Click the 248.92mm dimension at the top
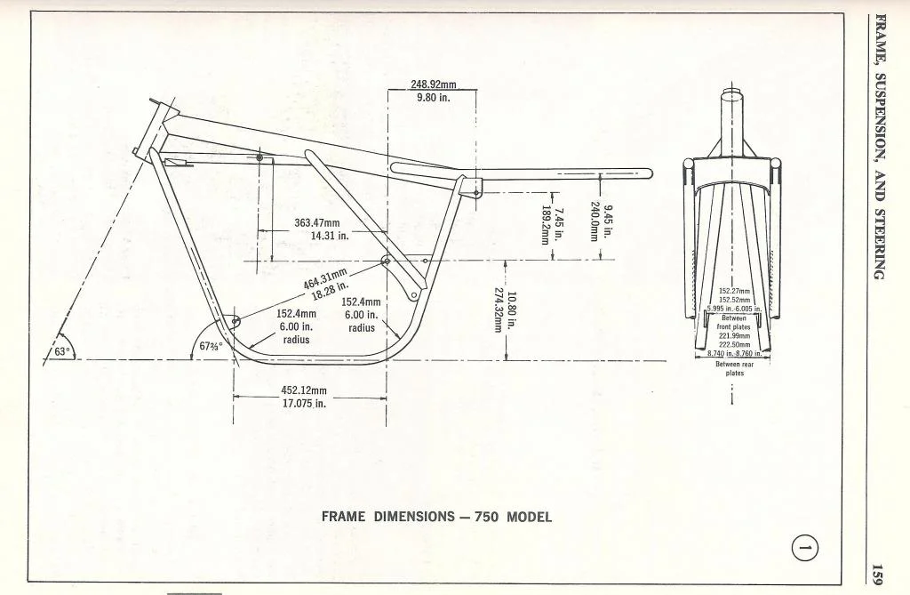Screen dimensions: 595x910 click(x=433, y=84)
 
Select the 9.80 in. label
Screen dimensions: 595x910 click(x=433, y=97)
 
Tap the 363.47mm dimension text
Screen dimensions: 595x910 click(x=317, y=222)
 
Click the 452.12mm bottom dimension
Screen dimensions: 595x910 click(x=304, y=390)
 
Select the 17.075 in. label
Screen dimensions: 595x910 click(x=304, y=403)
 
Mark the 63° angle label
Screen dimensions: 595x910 click(x=60, y=351)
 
